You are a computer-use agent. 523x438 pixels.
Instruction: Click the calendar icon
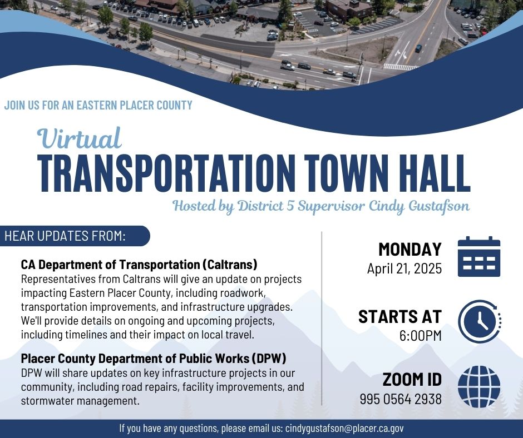pos(478,256)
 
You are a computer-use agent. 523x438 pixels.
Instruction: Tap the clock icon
pos(479,322)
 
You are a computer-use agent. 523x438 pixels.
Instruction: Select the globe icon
pos(478,387)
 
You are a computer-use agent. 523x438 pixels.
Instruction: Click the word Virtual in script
pos(79,138)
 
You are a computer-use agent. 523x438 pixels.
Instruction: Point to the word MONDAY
pos(410,250)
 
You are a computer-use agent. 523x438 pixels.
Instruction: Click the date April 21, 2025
pos(404,268)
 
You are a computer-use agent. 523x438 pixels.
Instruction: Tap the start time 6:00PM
pos(420,336)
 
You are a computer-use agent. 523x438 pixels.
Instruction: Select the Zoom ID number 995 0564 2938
pos(401,399)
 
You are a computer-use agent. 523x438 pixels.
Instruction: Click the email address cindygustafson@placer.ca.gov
pos(344,429)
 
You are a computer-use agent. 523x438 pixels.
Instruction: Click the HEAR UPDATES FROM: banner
pos(75,236)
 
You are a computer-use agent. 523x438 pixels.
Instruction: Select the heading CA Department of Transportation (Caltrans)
pos(139,265)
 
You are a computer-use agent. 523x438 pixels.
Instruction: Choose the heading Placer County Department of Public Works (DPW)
pos(154,359)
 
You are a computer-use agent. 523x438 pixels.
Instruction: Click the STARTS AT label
pos(400,317)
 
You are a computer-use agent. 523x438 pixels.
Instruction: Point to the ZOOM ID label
pos(412,379)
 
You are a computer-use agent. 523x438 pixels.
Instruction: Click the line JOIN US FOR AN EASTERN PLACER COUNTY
pos(98,105)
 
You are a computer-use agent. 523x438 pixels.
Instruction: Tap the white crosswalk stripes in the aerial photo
pos(400,67)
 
